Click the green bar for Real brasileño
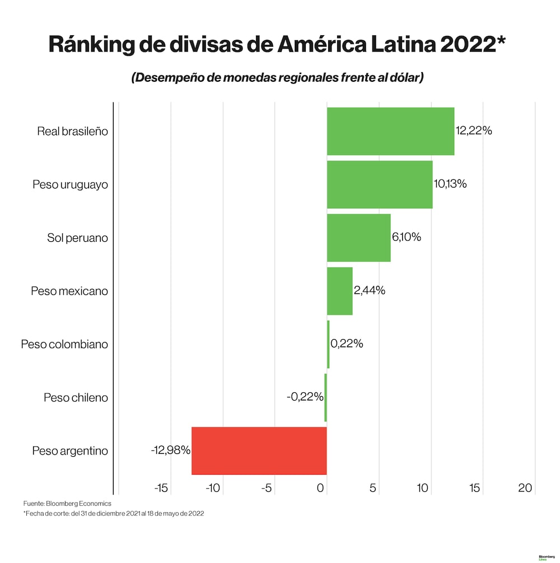coord(390,131)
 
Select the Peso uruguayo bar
coord(380,184)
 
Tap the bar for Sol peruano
coord(358,237)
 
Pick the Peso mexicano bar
coord(339,291)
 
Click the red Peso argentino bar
coord(259,451)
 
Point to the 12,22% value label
coord(474,131)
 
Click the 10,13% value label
coord(450,184)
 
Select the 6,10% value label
coord(407,237)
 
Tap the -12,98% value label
coord(170,450)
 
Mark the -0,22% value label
coord(305,397)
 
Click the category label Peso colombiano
coord(64,344)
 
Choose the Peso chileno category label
coord(76,398)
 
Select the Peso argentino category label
coord(70,451)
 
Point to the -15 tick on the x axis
coord(161,489)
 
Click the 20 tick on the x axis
coord(525,489)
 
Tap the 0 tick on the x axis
coord(321,489)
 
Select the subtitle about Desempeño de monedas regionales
coord(277,78)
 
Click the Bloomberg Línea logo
coord(546,558)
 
